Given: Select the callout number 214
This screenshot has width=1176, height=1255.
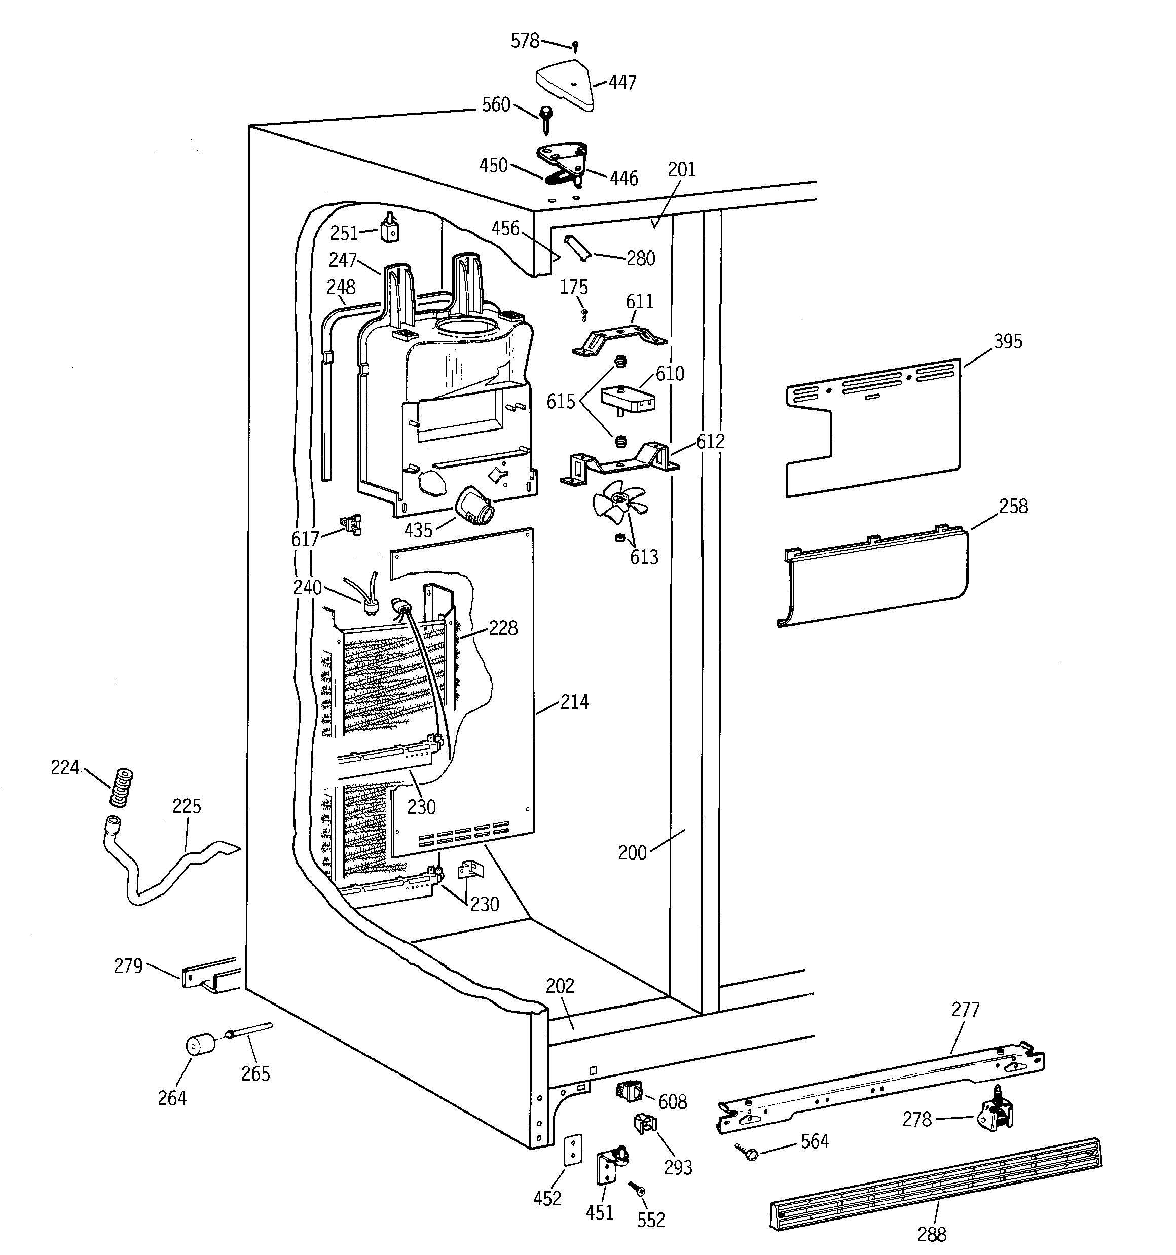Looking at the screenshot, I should click(x=574, y=702).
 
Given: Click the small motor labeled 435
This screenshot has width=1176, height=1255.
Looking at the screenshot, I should click(x=474, y=505).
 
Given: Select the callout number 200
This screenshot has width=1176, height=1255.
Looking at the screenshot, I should click(x=632, y=853).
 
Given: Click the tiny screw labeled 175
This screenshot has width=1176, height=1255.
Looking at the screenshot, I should click(x=584, y=314).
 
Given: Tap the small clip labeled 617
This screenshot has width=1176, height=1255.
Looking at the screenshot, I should click(x=351, y=525).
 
